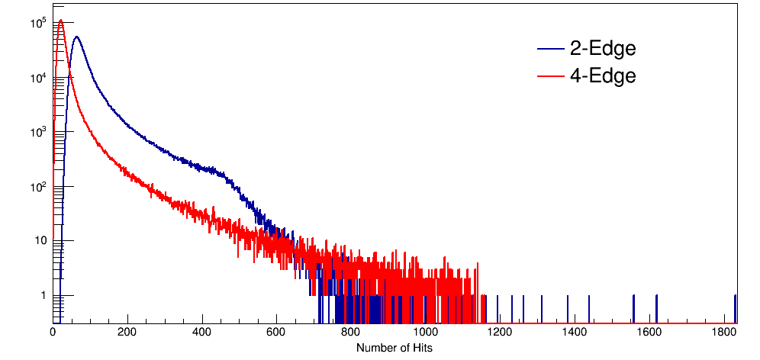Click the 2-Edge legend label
point(603,49)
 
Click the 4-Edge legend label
point(603,76)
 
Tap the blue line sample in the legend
point(550,50)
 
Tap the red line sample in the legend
point(550,76)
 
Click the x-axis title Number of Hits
point(394,348)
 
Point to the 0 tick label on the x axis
point(53,333)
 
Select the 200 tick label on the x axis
point(127,333)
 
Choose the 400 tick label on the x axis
point(202,333)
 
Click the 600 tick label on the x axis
point(277,333)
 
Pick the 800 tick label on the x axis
point(351,333)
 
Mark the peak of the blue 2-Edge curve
point(76,37)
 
